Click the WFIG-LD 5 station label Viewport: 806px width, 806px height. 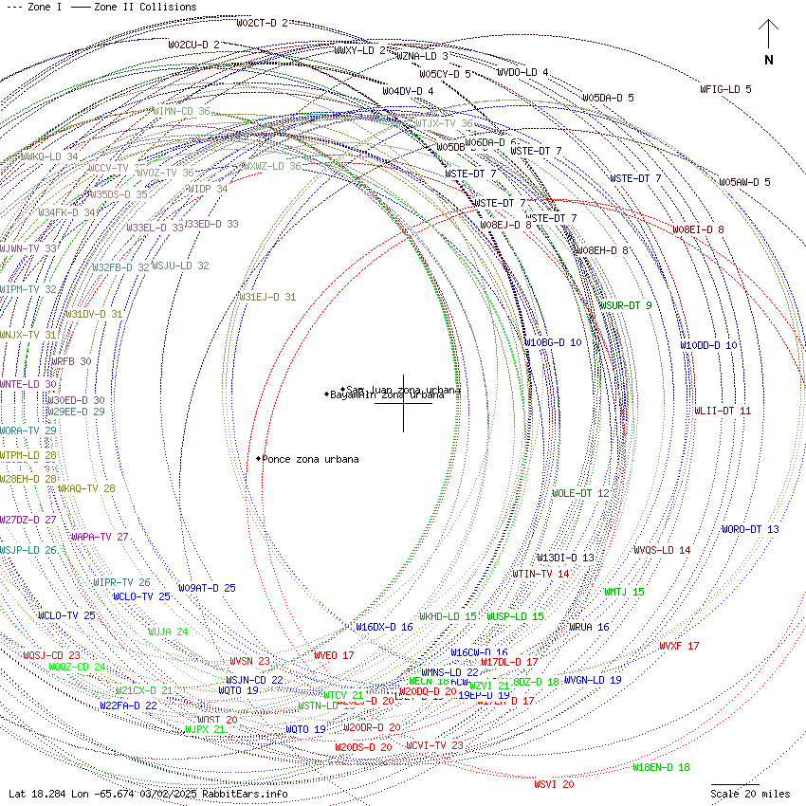pyautogui.click(x=725, y=89)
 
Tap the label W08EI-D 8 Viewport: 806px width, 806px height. pyautogui.click(x=698, y=229)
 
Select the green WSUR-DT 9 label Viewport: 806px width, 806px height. pyautogui.click(x=625, y=305)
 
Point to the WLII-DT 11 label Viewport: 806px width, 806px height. pyautogui.click(x=723, y=411)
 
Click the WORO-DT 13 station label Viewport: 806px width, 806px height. pyautogui.click(x=750, y=529)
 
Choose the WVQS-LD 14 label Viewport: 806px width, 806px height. pyautogui.click(x=662, y=550)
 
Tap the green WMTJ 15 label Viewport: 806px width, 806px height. pyautogui.click(x=624, y=592)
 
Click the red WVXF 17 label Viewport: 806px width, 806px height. pyautogui.click(x=679, y=646)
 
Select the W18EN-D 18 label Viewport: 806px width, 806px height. pyautogui.click(x=661, y=767)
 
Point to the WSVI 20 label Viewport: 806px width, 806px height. pyautogui.click(x=554, y=784)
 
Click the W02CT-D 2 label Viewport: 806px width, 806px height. pyautogui.click(x=262, y=23)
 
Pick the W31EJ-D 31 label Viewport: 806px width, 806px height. pyautogui.click(x=266, y=297)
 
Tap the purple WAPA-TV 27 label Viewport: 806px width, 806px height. pyautogui.click(x=100, y=537)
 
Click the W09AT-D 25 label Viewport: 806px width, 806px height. pyautogui.click(x=207, y=588)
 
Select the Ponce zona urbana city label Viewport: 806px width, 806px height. pyautogui.click(x=310, y=459)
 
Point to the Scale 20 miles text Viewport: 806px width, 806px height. pyautogui.click(x=750, y=794)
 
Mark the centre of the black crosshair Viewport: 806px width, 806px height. pyautogui.click(x=403, y=403)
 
